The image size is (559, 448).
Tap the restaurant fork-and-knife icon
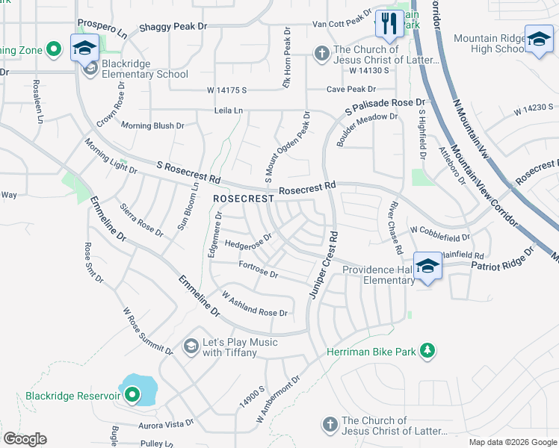point(388,25)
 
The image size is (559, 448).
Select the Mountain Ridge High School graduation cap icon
point(538,40)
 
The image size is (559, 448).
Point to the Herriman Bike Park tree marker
point(427,351)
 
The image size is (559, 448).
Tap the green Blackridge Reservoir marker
point(132,394)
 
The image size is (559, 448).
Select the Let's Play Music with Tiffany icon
point(191,346)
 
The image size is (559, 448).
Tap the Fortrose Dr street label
point(258,270)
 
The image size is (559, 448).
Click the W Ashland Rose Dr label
point(255,304)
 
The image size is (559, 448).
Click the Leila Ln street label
point(228,111)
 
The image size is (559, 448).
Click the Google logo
point(25,439)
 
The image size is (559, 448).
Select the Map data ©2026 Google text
point(512,442)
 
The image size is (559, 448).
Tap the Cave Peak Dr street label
point(348,90)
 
